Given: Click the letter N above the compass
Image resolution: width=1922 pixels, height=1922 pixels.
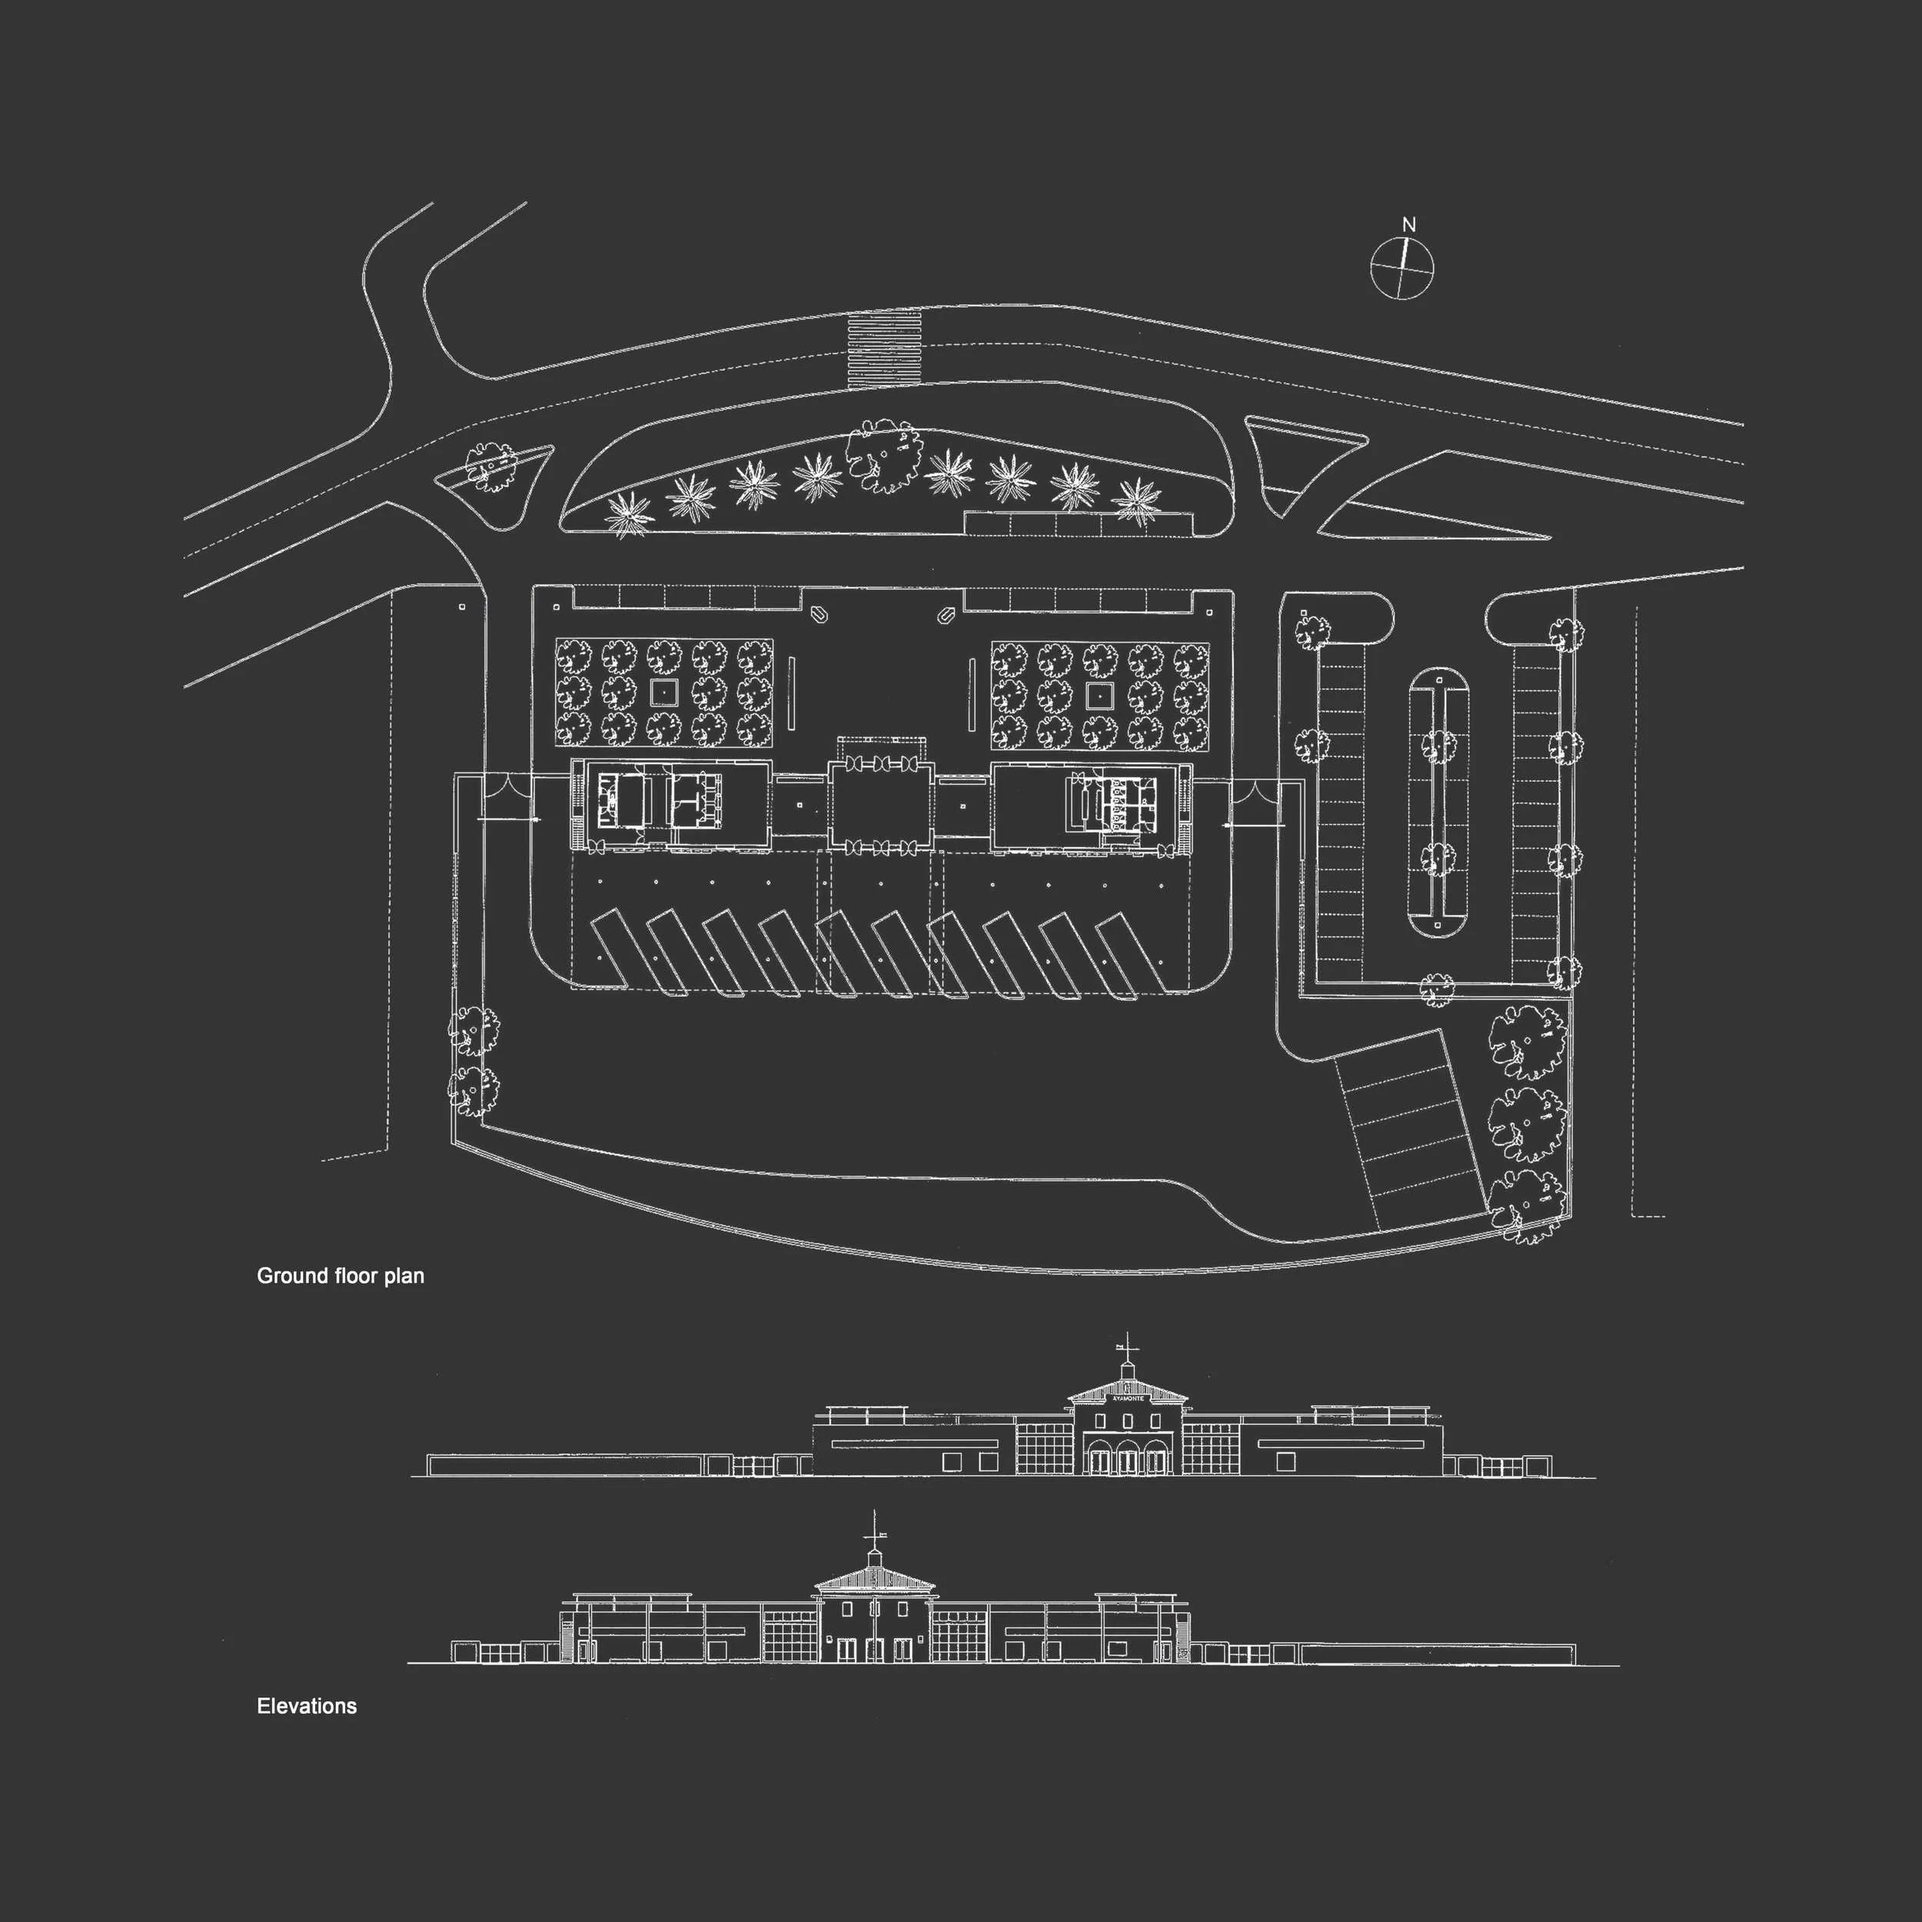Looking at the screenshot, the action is coord(1408,226).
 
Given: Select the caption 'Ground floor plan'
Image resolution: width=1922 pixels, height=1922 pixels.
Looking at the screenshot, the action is coord(341,1276).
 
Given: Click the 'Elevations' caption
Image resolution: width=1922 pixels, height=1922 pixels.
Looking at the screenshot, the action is coord(307,1706).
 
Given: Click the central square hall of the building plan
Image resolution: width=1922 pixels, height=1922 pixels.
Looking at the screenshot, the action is coord(881,806).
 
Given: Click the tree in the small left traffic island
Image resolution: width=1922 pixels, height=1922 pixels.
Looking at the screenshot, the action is coord(490,467).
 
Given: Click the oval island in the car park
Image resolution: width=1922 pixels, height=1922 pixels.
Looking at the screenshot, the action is coord(1438,801).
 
